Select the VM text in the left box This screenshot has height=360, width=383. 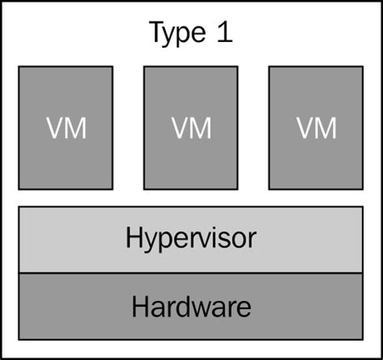pyautogui.click(x=65, y=128)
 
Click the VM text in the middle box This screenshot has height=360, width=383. pyautogui.click(x=191, y=128)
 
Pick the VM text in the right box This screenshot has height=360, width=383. pyautogui.click(x=316, y=128)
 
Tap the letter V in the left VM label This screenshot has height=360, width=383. pyautogui.click(x=55, y=128)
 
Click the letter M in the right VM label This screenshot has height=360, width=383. pyautogui.click(x=326, y=128)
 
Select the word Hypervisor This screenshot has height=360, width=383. pyautogui.click(x=191, y=239)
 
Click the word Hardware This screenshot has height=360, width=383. pyautogui.click(x=191, y=307)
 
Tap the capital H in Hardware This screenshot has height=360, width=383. pyautogui.click(x=140, y=307)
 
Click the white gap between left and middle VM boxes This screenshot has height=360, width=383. pyautogui.click(x=128, y=128)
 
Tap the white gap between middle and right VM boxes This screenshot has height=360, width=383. pyautogui.click(x=254, y=128)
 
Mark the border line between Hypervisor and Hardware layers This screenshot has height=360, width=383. pyautogui.click(x=191, y=273)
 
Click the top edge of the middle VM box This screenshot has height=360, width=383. pyautogui.click(x=191, y=66)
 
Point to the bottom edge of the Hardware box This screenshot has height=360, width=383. pyautogui.click(x=191, y=338)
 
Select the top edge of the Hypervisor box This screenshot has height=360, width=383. pyautogui.click(x=191, y=207)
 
